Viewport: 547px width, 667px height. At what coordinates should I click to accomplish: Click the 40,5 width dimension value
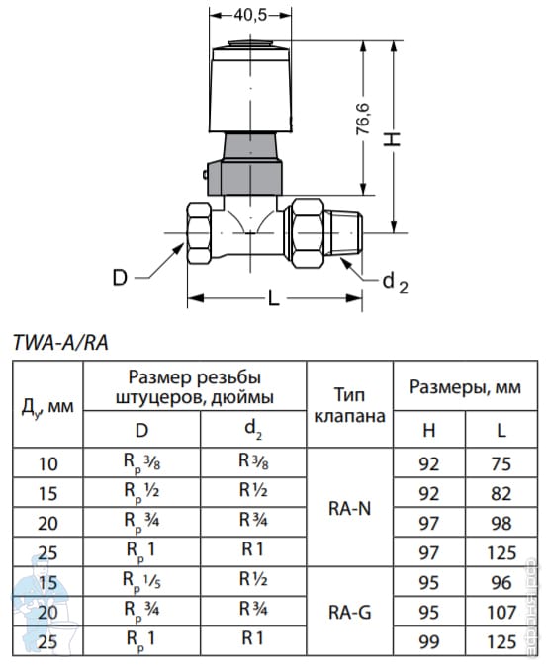250,15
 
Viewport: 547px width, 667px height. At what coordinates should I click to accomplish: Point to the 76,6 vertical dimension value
363,119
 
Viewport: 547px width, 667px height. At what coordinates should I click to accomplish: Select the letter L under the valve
273,297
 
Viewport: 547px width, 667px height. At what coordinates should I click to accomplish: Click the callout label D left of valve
120,278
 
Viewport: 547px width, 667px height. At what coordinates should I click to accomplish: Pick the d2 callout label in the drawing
395,283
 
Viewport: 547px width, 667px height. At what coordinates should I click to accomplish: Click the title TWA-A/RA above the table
61,343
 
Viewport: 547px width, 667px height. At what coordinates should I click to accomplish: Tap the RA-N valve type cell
349,508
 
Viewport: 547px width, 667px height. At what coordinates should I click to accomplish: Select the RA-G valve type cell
349,612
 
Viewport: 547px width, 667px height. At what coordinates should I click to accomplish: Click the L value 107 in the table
501,612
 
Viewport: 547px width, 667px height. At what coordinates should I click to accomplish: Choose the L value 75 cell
501,463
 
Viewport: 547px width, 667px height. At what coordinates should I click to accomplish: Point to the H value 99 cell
428,642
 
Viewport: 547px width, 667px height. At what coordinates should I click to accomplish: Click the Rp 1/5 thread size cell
141,581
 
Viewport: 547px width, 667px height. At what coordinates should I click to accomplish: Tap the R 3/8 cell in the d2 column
253,461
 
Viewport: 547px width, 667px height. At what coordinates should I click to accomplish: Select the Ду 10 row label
47,463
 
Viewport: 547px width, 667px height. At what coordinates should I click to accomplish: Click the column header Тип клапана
349,405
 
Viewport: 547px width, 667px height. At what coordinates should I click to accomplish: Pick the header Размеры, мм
465,387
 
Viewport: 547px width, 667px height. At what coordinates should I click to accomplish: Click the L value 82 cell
501,493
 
